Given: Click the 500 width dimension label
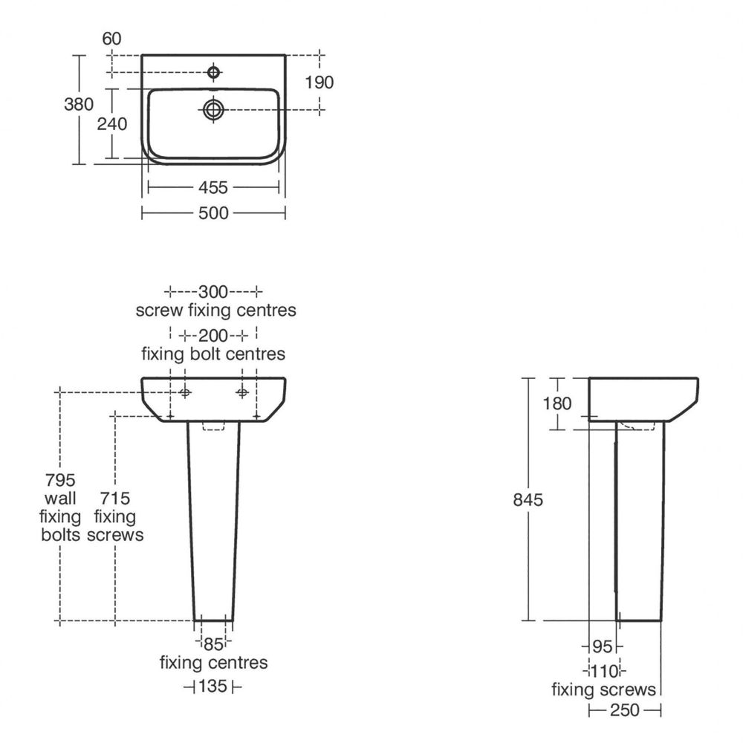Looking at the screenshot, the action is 213,213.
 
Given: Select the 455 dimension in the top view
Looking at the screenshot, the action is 213,188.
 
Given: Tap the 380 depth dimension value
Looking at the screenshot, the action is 79,104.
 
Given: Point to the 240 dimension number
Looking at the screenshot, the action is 112,124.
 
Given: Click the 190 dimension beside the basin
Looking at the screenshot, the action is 319,82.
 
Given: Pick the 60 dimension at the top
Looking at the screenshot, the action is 112,39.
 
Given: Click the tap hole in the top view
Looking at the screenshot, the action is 214,73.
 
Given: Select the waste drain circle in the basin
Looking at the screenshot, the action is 213,110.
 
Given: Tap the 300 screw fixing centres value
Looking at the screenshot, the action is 213,291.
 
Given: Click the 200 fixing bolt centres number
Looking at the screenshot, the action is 213,336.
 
